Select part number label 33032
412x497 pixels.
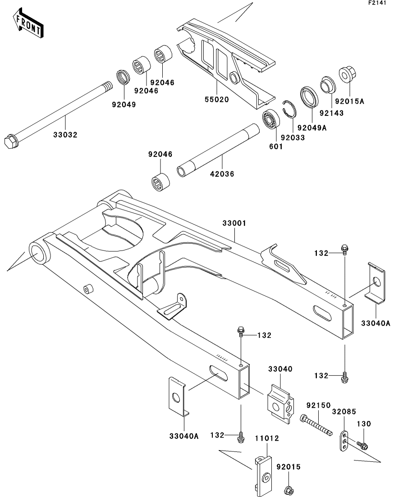pos(66,135)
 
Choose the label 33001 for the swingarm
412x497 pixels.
pos(233,223)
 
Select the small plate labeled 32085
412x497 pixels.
pos(344,441)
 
